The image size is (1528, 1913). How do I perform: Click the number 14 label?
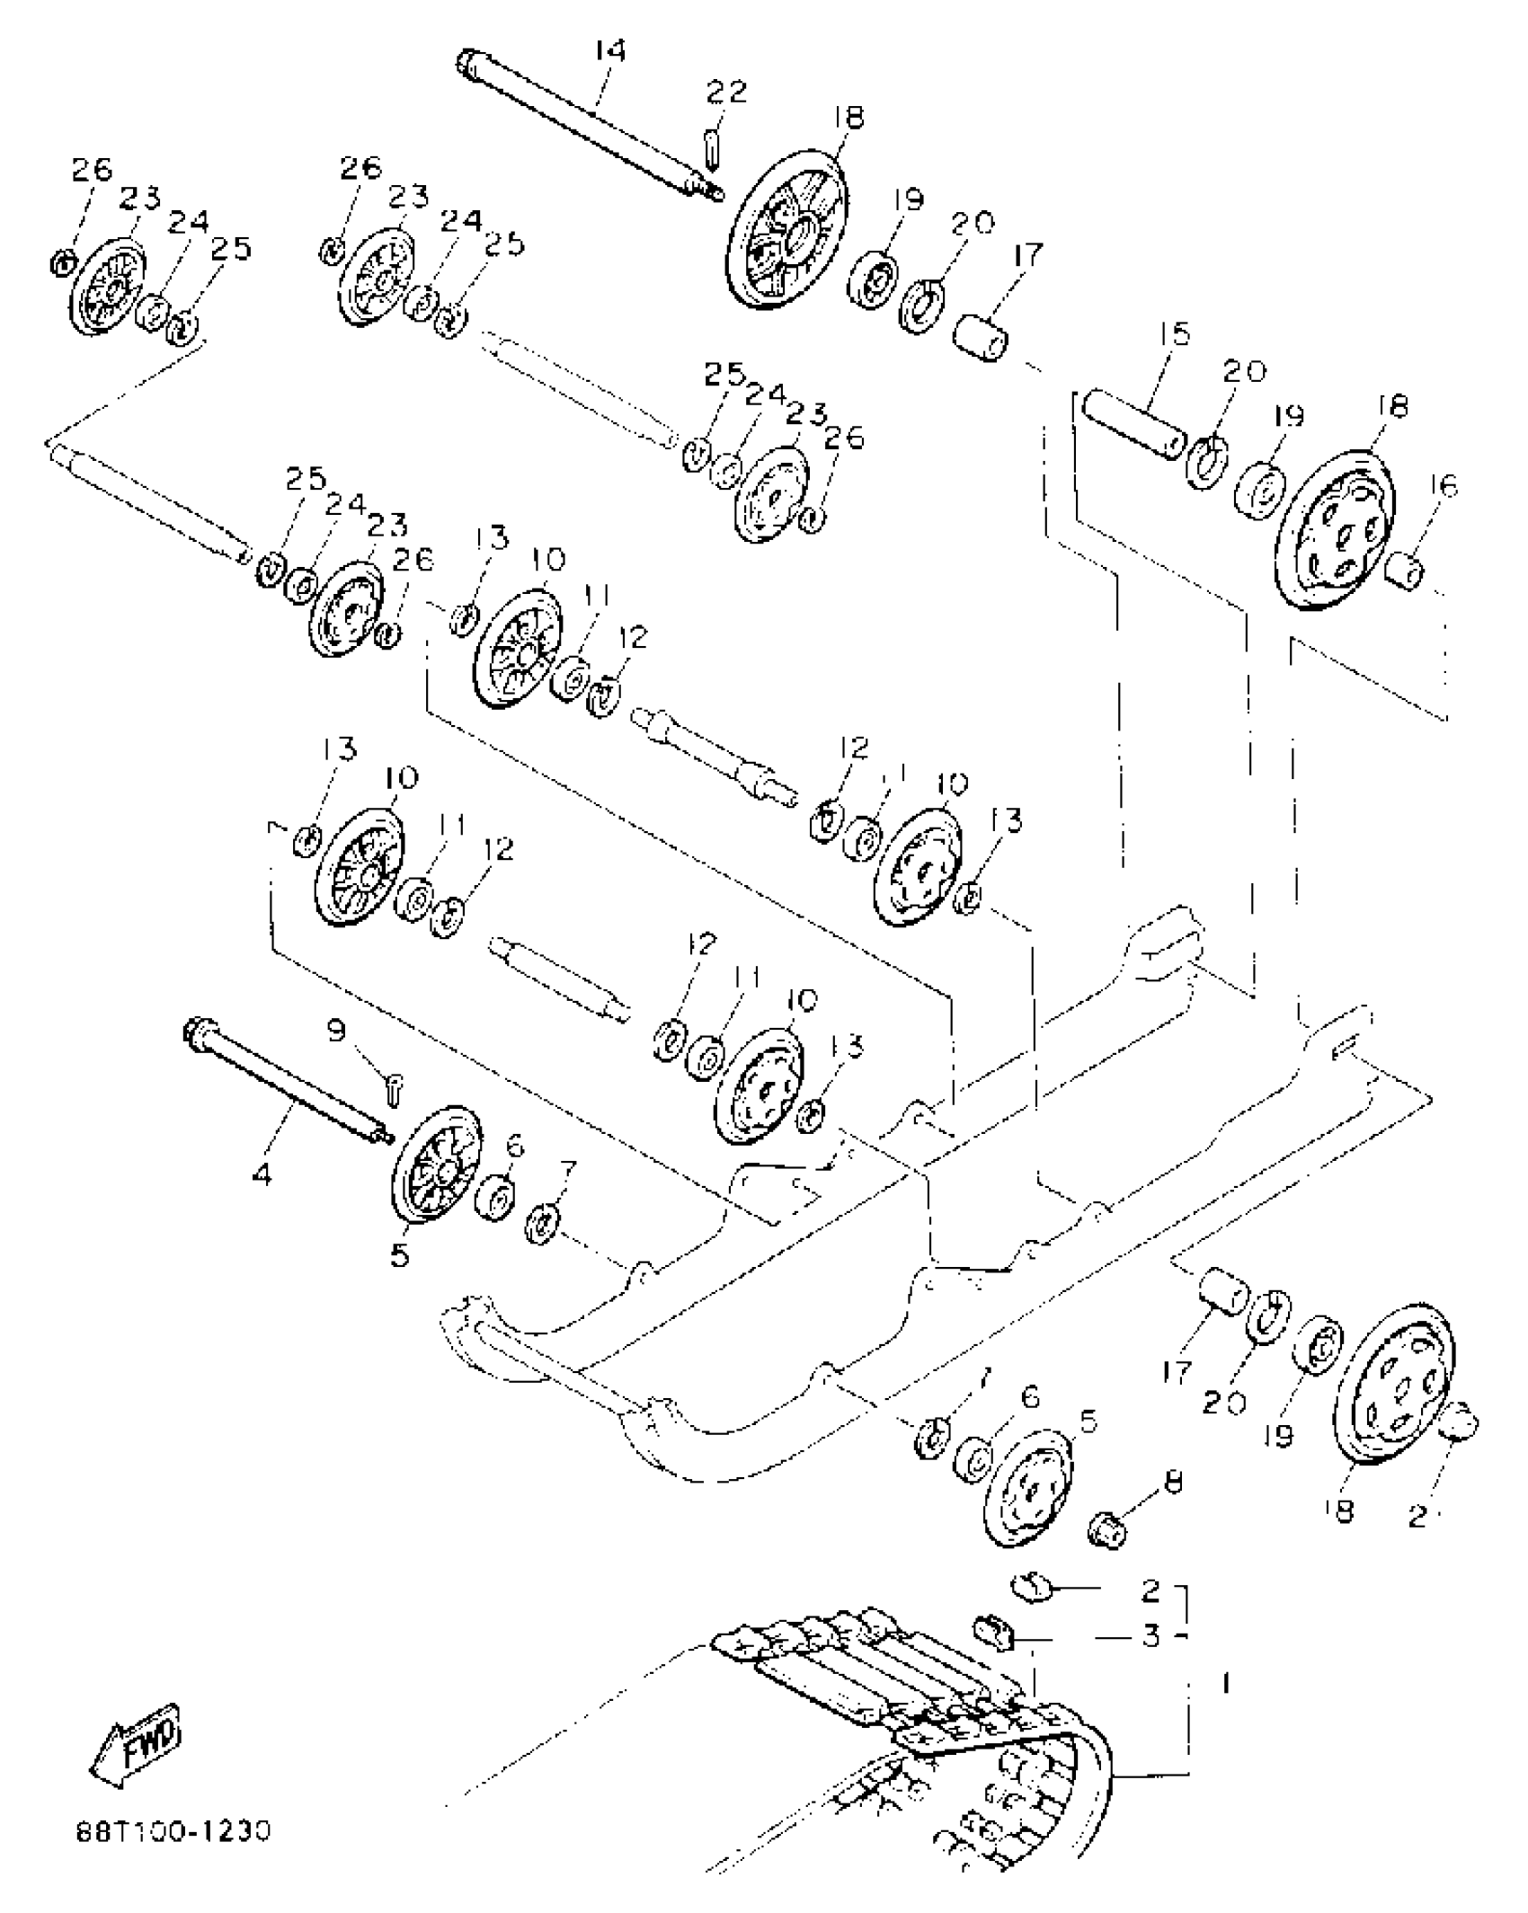[609, 50]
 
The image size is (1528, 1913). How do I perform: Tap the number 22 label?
[726, 92]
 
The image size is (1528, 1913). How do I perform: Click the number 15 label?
[1175, 334]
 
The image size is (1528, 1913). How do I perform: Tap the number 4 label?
[262, 1173]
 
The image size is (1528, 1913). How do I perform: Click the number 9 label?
[336, 1030]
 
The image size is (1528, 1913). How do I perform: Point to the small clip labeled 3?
[994, 1630]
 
